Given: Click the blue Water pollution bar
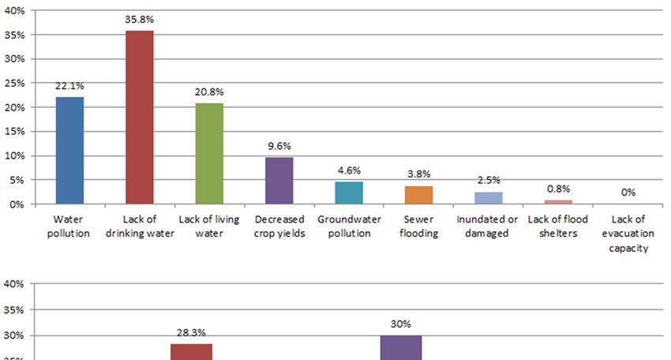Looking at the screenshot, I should tap(69, 150).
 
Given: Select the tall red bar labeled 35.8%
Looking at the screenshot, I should tap(140, 117).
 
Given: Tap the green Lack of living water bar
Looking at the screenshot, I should tap(209, 153).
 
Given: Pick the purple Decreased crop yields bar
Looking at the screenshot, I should tap(279, 180).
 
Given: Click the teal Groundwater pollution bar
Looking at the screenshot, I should tap(349, 193).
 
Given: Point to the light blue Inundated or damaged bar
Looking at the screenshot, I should tap(489, 197).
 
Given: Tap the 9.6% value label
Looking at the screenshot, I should tap(279, 146).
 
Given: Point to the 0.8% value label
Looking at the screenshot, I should tap(558, 189).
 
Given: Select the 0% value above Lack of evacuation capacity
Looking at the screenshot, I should tap(628, 192).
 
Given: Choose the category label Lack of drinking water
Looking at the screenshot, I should tap(140, 226).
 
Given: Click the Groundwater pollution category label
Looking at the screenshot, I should tap(349, 226).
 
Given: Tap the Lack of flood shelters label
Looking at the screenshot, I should tap(558, 226).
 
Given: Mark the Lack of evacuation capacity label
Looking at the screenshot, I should tap(628, 233).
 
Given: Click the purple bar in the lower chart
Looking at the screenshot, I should tap(400, 347).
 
